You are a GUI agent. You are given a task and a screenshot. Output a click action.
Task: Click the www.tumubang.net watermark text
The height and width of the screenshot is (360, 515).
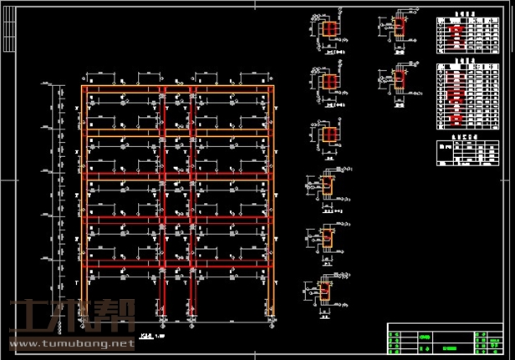coord(70,343)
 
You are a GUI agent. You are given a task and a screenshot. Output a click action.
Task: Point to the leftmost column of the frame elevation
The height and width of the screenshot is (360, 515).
coord(84,200)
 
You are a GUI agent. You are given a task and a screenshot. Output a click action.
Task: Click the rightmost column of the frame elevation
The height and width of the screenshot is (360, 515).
coord(272,200)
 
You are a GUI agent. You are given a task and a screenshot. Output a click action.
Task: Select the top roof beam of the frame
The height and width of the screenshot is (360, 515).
coord(177,88)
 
